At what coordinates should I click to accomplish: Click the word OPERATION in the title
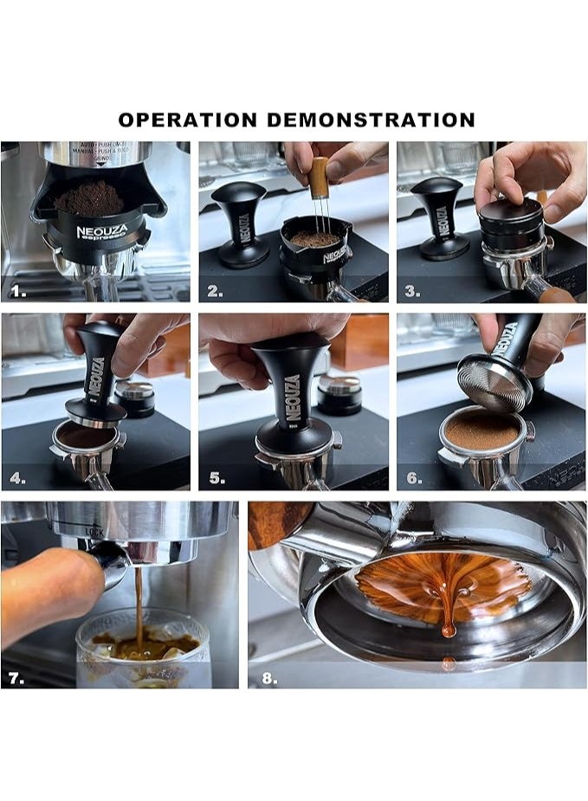187,120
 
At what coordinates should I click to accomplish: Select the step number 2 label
216,292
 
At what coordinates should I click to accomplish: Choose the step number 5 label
216,477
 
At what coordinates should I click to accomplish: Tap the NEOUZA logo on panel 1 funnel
100,233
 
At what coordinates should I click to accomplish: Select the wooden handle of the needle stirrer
319,177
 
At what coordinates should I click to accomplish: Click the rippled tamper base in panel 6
494,381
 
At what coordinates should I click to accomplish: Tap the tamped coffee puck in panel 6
481,430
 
